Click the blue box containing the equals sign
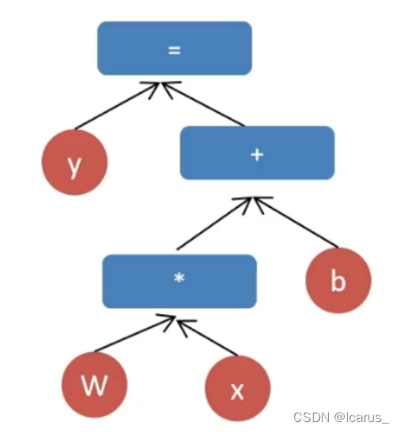pyautogui.click(x=174, y=48)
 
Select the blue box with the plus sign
pyautogui.click(x=257, y=153)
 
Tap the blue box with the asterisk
pyautogui.click(x=179, y=281)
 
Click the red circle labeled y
pyautogui.click(x=75, y=162)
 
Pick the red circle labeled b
pyautogui.click(x=338, y=280)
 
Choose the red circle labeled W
pyautogui.click(x=95, y=385)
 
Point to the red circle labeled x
pyautogui.click(x=238, y=388)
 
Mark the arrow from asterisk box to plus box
pyautogui.click(x=214, y=223)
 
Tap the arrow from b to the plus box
pyautogui.click(x=296, y=223)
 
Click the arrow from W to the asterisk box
pyautogui.click(x=135, y=333)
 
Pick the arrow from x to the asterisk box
pyautogui.click(x=207, y=337)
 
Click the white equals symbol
pyautogui.click(x=174, y=51)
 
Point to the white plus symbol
pyautogui.click(x=257, y=155)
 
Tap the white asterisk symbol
pyautogui.click(x=179, y=277)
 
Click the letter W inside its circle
pyautogui.click(x=94, y=385)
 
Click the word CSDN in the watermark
pyautogui.click(x=311, y=417)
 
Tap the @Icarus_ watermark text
pyautogui.click(x=361, y=418)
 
